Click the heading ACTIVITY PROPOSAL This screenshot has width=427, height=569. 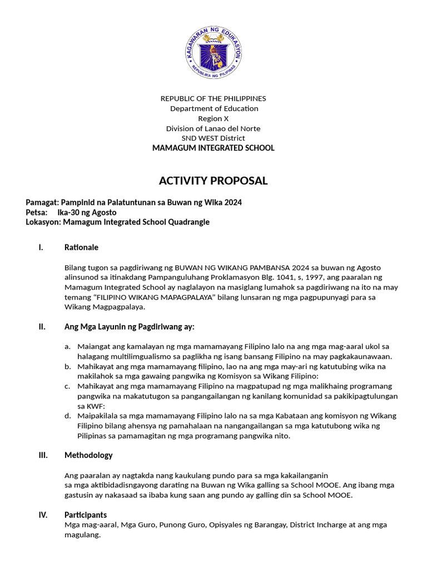click(x=213, y=181)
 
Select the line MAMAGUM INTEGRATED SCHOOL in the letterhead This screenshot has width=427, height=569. click(x=213, y=148)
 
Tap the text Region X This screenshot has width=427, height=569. click(x=213, y=118)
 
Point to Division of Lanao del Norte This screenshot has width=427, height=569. click(x=213, y=128)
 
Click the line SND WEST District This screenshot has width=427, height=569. click(x=213, y=138)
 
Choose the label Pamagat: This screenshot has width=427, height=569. click(x=42, y=202)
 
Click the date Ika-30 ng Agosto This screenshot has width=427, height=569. click(x=87, y=212)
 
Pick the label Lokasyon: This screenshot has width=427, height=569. click(x=43, y=222)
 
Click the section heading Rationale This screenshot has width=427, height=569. click(x=81, y=247)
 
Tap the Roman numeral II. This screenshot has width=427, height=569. click(x=42, y=327)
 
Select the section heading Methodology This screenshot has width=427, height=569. click(x=88, y=455)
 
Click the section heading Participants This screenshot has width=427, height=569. click(x=86, y=515)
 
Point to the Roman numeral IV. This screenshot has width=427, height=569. click(x=43, y=515)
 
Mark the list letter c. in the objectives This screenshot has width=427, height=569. click(x=67, y=386)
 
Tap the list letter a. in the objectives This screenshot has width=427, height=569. click(x=67, y=346)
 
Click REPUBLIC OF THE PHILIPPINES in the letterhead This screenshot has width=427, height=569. click(x=213, y=98)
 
